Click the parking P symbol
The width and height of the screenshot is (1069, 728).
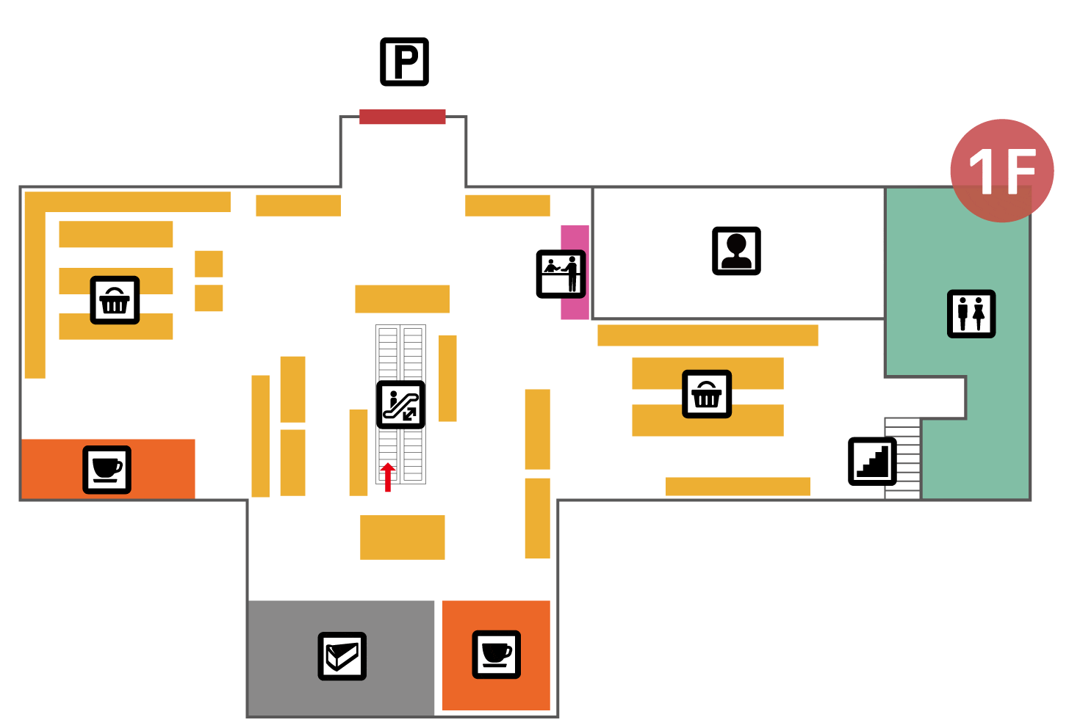tap(404, 62)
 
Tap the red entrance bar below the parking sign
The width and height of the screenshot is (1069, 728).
tap(402, 117)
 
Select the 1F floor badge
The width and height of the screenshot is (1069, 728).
tap(1001, 170)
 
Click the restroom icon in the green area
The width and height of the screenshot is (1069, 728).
tap(971, 313)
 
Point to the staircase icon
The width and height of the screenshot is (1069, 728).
tap(872, 462)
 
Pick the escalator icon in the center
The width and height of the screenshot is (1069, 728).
tap(400, 404)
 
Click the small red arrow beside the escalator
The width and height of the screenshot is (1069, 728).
tap(387, 477)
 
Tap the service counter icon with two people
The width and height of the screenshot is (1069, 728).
tap(561, 274)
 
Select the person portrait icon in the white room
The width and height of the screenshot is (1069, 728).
tap(736, 251)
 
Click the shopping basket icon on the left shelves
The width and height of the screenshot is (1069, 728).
tap(115, 300)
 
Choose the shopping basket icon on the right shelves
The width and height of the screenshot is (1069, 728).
tap(706, 394)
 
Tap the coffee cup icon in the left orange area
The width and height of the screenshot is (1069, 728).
tap(107, 470)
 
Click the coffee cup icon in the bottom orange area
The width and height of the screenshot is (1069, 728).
tap(496, 654)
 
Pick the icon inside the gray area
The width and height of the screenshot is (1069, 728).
tap(342, 656)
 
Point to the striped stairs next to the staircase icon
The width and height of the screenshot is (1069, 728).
tap(902, 459)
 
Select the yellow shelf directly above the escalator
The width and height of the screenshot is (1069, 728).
tap(402, 299)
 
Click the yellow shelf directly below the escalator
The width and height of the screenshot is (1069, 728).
tap(402, 537)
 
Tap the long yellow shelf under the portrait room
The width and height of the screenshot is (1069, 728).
tap(707, 335)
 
